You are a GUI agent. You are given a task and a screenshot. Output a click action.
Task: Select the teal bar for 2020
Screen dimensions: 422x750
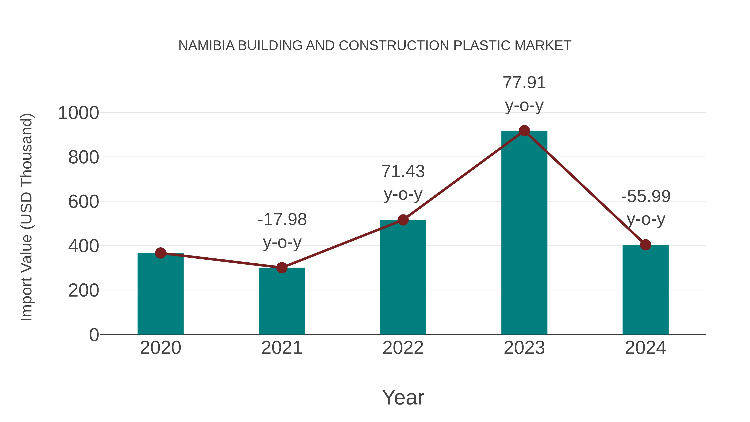pos(160,294)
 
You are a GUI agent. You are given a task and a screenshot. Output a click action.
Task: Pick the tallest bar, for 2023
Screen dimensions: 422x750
pos(524,233)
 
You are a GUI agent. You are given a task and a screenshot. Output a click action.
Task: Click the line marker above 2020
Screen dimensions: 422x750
pos(160,253)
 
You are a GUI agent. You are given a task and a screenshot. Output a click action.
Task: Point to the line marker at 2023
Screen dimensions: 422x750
pos(524,131)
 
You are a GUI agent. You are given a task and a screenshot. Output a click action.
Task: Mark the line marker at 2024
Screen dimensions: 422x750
pos(645,245)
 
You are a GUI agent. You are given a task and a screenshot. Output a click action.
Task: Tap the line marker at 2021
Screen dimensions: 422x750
pos(281,268)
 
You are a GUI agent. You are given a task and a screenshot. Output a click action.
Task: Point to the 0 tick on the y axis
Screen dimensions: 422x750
pos(94,335)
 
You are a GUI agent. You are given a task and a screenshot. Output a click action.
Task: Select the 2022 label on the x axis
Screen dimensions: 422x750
pos(403,348)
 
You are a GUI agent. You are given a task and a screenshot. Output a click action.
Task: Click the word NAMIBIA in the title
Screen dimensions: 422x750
pos(206,45)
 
